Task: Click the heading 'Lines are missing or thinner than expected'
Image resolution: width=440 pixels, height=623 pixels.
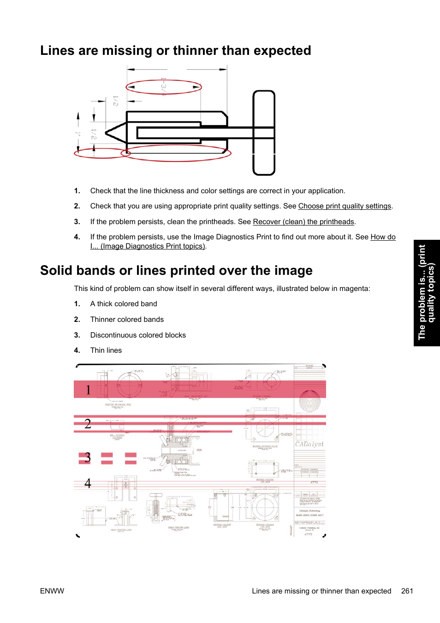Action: point(175,50)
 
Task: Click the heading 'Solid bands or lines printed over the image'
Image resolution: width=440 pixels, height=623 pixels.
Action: point(176,270)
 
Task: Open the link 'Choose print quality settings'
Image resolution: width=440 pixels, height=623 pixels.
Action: point(345,206)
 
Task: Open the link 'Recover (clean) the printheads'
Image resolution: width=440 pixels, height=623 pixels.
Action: point(303,222)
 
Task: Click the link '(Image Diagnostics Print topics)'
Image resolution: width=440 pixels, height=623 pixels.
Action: point(153,246)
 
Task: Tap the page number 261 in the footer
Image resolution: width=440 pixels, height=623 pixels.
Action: point(407,591)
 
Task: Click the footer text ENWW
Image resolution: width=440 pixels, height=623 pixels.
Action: point(52,591)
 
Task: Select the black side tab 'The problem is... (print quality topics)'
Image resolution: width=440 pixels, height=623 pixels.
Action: point(426,293)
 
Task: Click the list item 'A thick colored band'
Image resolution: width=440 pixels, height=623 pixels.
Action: point(124,304)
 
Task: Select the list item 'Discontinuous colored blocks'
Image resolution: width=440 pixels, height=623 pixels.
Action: point(138,335)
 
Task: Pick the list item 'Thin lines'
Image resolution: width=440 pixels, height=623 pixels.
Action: point(106,350)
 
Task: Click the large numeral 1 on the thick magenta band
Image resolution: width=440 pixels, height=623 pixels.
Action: point(88,390)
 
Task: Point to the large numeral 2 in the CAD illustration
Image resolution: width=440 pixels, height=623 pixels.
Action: point(88,424)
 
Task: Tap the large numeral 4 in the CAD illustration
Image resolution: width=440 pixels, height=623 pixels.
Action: point(88,483)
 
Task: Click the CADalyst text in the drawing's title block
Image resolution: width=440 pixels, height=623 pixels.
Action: point(309,444)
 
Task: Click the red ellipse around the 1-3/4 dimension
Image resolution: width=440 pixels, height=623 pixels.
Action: point(164,87)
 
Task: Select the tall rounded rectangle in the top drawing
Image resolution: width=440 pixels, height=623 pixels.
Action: point(264,133)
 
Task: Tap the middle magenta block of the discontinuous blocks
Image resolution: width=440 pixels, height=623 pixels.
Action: point(107,458)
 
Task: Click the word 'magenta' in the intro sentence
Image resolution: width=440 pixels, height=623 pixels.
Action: point(354,289)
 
